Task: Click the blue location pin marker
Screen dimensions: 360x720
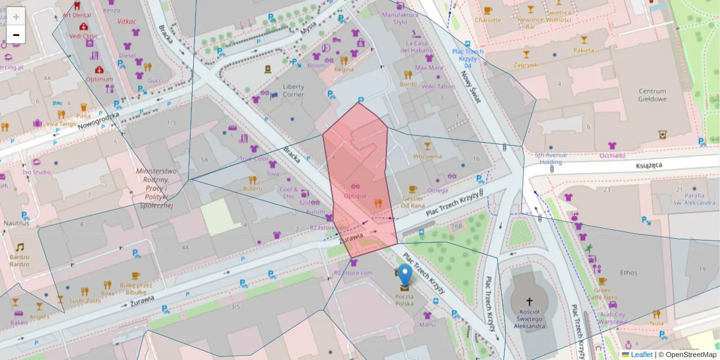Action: coord(405,275)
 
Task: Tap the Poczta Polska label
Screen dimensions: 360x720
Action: coord(404,300)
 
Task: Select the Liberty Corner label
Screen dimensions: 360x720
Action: coord(293,91)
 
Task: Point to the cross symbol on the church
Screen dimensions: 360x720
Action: coord(529,301)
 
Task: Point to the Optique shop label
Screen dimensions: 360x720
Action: coord(355,196)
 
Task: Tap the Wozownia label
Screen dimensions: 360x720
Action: coord(427,156)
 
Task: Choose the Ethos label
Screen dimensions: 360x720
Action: coord(629,272)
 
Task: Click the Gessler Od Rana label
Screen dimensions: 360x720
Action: coord(413,202)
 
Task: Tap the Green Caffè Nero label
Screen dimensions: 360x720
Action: coord(602,293)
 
